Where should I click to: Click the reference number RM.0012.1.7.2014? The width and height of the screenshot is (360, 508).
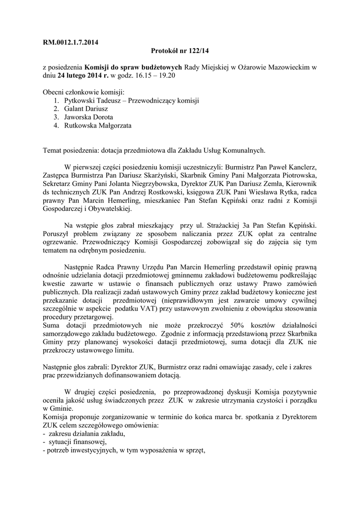71,43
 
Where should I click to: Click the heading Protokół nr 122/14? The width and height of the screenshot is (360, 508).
180,51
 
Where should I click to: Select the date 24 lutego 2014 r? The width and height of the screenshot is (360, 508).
82,76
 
